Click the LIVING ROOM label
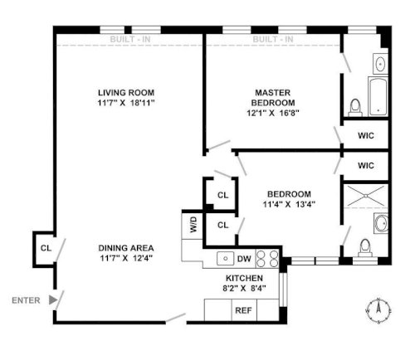click(126, 93)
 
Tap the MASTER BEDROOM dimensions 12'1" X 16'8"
click(273, 113)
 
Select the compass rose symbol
click(378, 310)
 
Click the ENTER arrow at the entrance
click(53, 299)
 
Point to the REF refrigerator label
click(243, 310)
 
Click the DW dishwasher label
click(244, 259)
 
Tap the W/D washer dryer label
click(193, 225)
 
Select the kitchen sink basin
click(226, 259)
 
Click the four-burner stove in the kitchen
click(267, 259)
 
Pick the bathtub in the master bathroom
click(378, 96)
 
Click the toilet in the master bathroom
click(355, 108)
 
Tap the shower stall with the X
click(365, 196)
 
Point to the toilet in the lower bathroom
click(365, 248)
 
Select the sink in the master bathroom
click(381, 64)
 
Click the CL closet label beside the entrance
click(46, 248)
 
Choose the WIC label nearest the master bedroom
click(366, 136)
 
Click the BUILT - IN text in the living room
click(130, 39)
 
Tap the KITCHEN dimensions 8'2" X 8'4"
click(244, 289)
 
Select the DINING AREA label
click(126, 248)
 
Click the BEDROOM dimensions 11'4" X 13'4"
click(289, 204)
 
